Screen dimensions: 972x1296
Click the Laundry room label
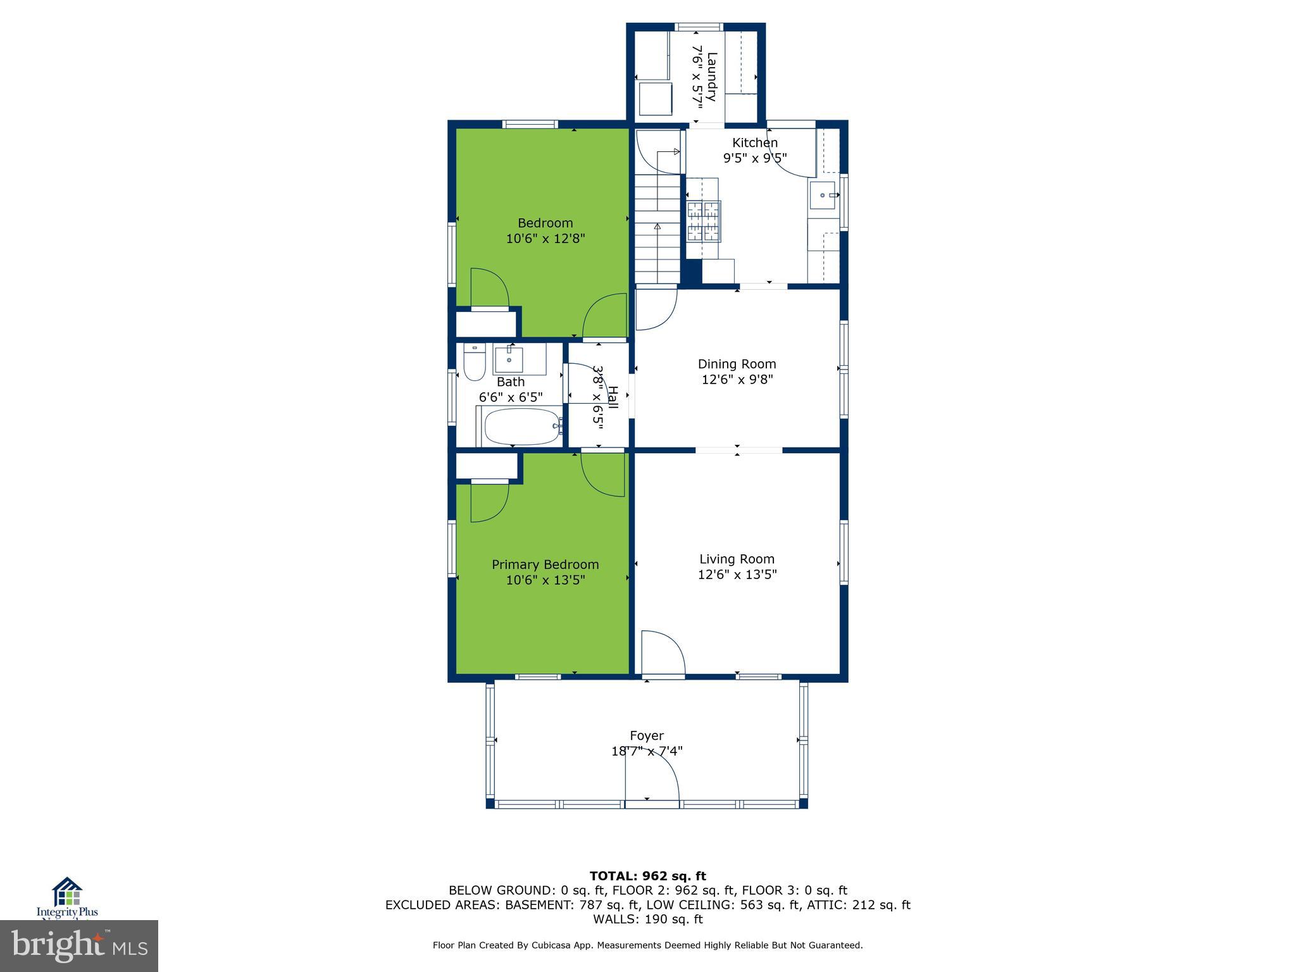point(711,77)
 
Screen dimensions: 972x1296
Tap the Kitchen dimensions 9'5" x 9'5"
point(755,158)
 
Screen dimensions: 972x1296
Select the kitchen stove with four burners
point(704,220)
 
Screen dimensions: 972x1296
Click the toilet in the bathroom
point(474,363)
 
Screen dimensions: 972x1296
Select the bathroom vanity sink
point(509,359)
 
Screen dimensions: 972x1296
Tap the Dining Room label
point(737,364)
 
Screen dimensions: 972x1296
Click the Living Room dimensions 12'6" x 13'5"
point(737,575)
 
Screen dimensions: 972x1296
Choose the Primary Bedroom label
point(545,564)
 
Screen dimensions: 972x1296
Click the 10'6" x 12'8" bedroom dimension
point(545,239)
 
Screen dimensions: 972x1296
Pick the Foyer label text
point(647,735)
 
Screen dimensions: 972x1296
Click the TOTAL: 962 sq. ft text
point(647,876)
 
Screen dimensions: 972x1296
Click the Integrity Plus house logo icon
point(67,892)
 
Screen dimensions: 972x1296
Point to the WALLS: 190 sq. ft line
point(647,919)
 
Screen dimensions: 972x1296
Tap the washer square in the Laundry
point(655,99)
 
